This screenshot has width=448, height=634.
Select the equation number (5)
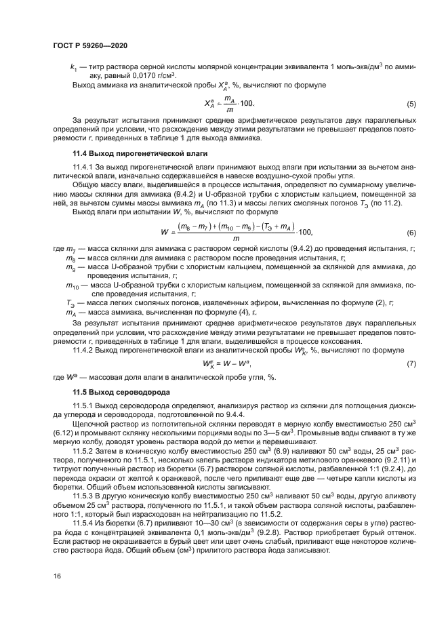[x=411, y=104]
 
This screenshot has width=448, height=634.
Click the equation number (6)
[x=411, y=233]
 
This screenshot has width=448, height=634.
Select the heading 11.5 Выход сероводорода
[x=111, y=393]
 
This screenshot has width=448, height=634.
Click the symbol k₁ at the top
[x=73, y=68]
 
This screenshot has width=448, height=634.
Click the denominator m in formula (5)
[x=230, y=110]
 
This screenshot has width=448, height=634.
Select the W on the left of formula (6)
[x=164, y=232]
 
